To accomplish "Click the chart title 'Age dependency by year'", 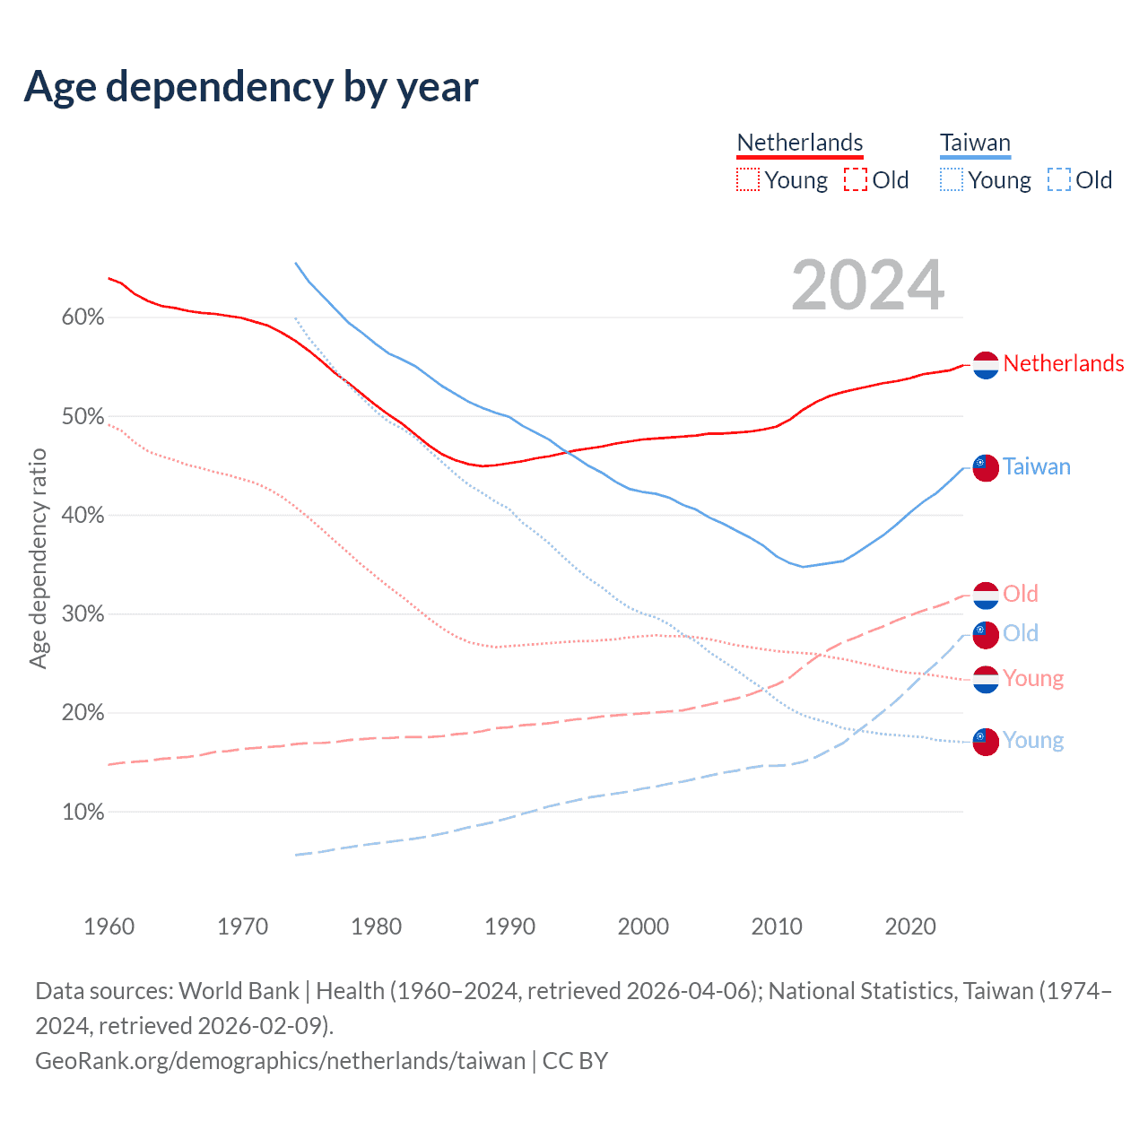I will point(251,87).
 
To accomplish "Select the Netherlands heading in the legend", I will point(799,143).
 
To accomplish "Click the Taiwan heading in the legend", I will point(975,143).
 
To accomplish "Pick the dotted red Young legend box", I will point(748,180).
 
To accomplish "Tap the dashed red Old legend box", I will point(856,180).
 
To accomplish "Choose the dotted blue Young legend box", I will point(952,180).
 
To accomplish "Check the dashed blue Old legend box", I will point(1059,180).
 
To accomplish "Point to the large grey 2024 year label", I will point(867,285).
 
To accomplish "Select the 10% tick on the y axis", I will point(83,813).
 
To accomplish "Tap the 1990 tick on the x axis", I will point(509,926).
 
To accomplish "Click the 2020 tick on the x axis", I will point(910,926).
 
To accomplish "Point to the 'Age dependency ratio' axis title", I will point(38,559).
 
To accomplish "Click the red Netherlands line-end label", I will point(1063,363).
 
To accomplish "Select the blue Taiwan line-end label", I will point(1036,466).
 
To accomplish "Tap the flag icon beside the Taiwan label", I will point(986,467).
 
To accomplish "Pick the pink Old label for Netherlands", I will point(1020,594).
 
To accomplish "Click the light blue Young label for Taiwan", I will point(1032,740).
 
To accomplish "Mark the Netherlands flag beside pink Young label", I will point(986,680).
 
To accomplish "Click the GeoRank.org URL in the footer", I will point(280,1061).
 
